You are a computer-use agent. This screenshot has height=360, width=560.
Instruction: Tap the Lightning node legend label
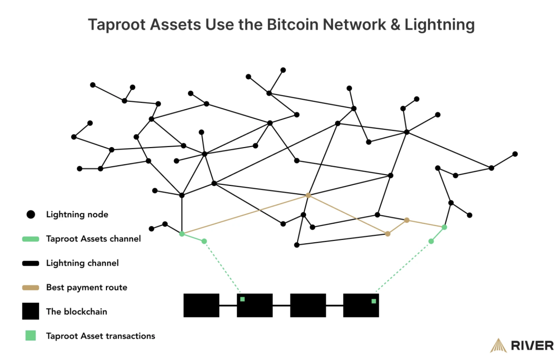click(x=77, y=215)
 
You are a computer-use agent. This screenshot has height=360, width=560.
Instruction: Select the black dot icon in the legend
click(x=31, y=215)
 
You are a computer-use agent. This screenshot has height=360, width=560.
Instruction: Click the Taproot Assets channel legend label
click(x=93, y=239)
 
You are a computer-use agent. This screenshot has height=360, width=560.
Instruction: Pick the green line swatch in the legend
click(x=31, y=239)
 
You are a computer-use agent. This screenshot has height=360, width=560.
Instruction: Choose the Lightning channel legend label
click(x=82, y=263)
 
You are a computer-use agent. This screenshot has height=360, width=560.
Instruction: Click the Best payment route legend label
click(x=86, y=288)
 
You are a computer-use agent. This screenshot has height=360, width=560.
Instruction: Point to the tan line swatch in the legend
click(x=31, y=288)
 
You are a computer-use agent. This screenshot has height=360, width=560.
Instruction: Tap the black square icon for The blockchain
click(x=31, y=311)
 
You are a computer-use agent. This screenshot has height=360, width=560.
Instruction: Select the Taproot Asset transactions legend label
click(x=100, y=336)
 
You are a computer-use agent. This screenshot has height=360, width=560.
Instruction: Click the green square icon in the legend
click(x=31, y=336)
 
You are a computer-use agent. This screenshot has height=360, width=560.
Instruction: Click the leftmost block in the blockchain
click(x=201, y=305)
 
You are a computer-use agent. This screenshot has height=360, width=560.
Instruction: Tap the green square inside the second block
click(x=242, y=299)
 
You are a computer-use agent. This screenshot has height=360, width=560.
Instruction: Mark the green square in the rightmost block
click(x=373, y=301)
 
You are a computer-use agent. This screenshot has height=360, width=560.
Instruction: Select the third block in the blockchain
click(x=308, y=305)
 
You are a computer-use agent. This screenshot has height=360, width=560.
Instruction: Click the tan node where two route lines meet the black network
click(x=308, y=195)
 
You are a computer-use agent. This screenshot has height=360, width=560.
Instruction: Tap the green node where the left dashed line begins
click(x=204, y=241)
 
